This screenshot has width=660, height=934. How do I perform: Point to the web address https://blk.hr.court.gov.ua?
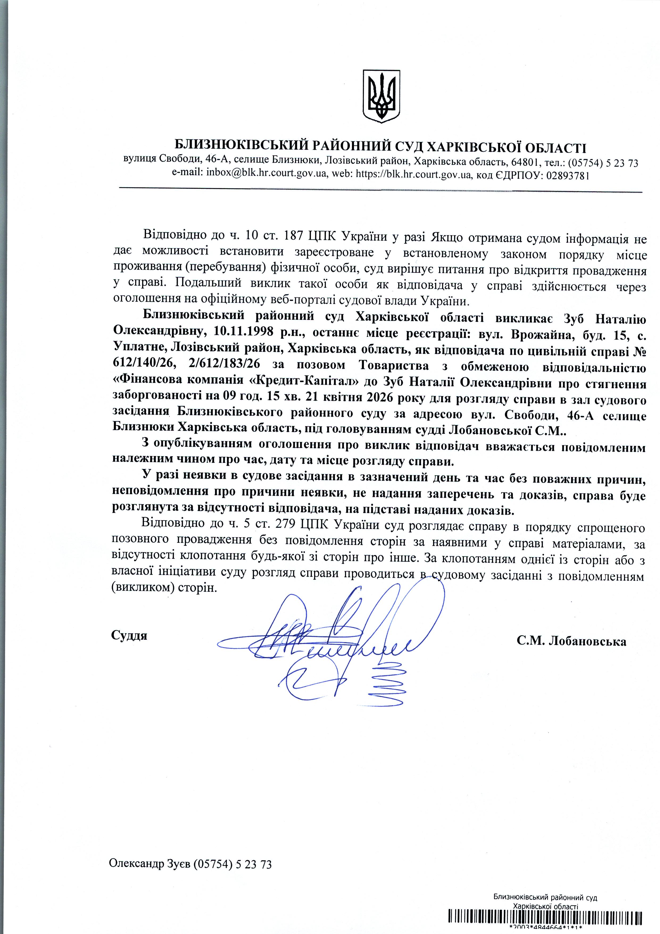(x=413, y=175)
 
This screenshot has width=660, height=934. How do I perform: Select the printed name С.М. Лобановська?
(x=571, y=642)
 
